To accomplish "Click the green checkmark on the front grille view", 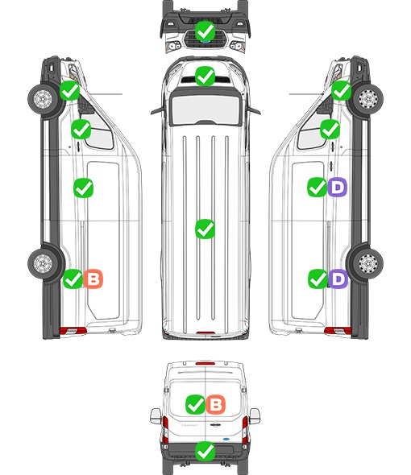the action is (x=205, y=31).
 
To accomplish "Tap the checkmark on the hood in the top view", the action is (x=205, y=76).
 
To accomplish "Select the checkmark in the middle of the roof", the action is (x=205, y=229).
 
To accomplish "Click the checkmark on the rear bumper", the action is (x=205, y=452).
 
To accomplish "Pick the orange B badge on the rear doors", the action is (x=216, y=404).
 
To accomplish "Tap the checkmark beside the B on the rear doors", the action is (x=196, y=404).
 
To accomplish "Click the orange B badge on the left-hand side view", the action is (x=93, y=279).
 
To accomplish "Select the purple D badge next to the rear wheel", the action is (x=338, y=279).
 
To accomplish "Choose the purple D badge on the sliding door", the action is (x=338, y=188).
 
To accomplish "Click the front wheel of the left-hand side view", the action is (x=43, y=99).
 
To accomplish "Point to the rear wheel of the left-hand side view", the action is (x=43, y=263).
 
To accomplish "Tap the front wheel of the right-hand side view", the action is (x=368, y=99).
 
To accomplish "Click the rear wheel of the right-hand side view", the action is (x=368, y=263).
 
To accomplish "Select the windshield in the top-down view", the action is (x=205, y=109).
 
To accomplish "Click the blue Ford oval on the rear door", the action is (x=226, y=439).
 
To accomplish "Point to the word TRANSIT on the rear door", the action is (x=189, y=425).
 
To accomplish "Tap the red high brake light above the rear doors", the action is (x=205, y=363).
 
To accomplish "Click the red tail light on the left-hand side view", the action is (x=73, y=331).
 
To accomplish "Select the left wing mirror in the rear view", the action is (x=156, y=416).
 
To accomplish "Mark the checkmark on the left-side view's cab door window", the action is (x=81, y=129).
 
